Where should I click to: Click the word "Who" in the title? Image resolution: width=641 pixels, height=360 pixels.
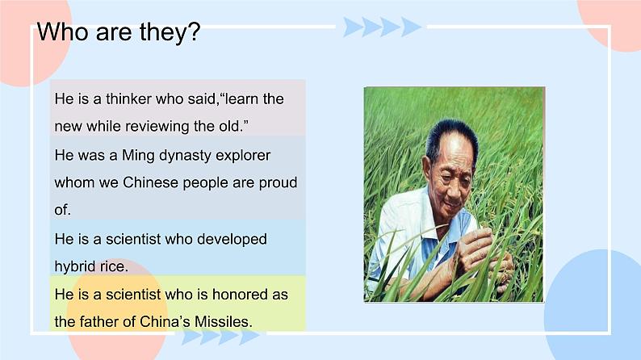62,31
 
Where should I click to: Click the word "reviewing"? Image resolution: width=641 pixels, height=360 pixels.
157,126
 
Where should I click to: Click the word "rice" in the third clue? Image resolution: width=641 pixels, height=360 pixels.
111,266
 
